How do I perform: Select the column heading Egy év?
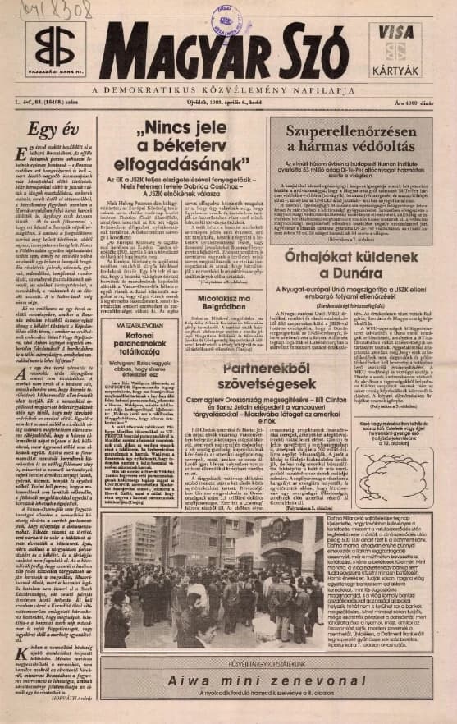tap(46, 129)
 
